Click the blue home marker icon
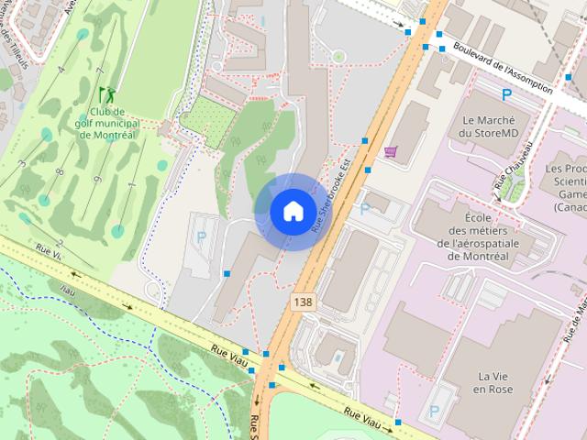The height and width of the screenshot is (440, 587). (293, 211)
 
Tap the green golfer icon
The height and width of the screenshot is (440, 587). (107, 94)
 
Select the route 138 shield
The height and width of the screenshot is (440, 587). (302, 301)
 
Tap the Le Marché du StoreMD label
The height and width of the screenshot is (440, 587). (489, 126)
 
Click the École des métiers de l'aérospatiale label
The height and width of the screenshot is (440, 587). (487, 236)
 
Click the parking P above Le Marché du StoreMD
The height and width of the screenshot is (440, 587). (505, 94)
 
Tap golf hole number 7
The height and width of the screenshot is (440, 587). (99, 71)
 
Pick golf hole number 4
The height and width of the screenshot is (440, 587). (61, 70)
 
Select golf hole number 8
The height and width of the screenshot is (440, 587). (59, 171)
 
